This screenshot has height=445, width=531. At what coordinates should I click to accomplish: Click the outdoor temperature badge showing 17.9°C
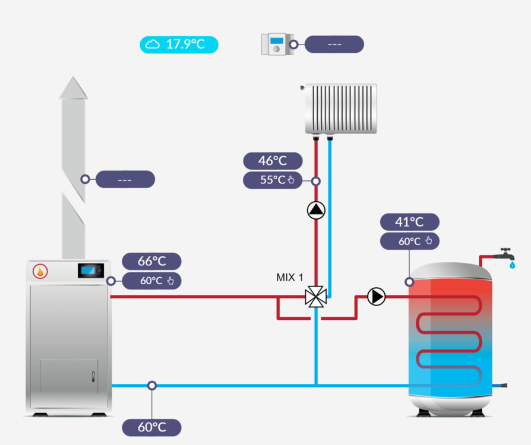pos(179,44)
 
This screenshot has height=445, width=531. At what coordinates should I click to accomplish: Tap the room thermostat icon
pos(275,44)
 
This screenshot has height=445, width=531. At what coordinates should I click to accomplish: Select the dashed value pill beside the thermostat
pos(334,44)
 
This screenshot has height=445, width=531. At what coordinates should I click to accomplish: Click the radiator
pos(341,109)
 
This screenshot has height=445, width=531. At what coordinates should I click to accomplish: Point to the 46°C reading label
pos(273,161)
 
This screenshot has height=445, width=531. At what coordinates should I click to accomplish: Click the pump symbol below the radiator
pos(316,211)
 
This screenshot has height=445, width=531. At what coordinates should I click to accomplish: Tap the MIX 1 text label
pos(290,277)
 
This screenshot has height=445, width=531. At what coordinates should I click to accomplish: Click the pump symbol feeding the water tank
pos(376,297)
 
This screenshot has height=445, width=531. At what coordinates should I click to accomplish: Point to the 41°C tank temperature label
pos(409,222)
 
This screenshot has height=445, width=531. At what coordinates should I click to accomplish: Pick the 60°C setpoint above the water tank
pos(409,241)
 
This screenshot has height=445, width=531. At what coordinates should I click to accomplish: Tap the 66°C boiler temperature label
pos(151,261)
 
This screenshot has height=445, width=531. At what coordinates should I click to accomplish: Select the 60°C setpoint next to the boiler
pos(151,281)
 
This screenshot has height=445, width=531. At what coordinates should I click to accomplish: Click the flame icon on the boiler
pos(40,271)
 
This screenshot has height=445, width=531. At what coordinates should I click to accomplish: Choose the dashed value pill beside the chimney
pos(125,179)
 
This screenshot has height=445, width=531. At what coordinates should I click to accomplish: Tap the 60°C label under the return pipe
pos(151,427)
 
